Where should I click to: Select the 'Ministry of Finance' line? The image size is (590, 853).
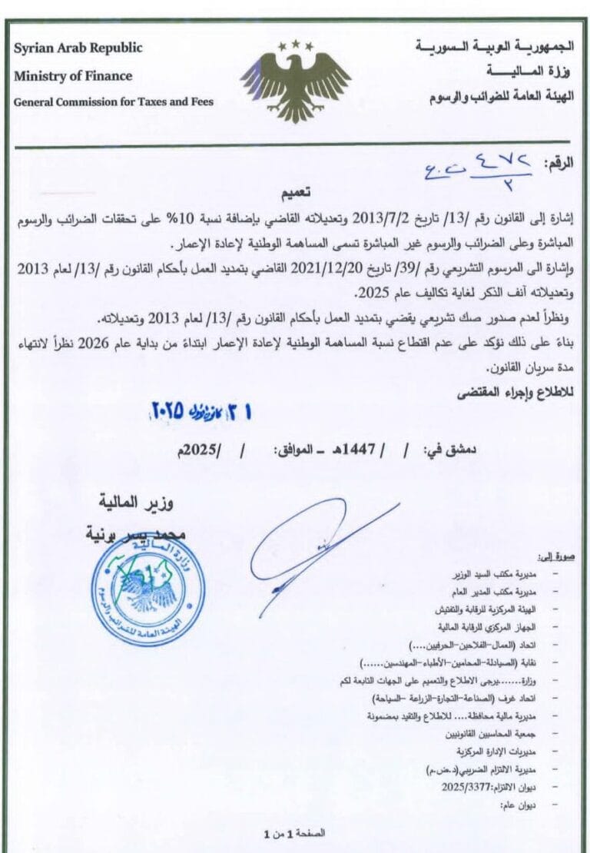click(73, 76)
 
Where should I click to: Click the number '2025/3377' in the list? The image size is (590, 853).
click(469, 786)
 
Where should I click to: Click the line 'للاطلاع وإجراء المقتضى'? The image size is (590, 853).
click(530, 393)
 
